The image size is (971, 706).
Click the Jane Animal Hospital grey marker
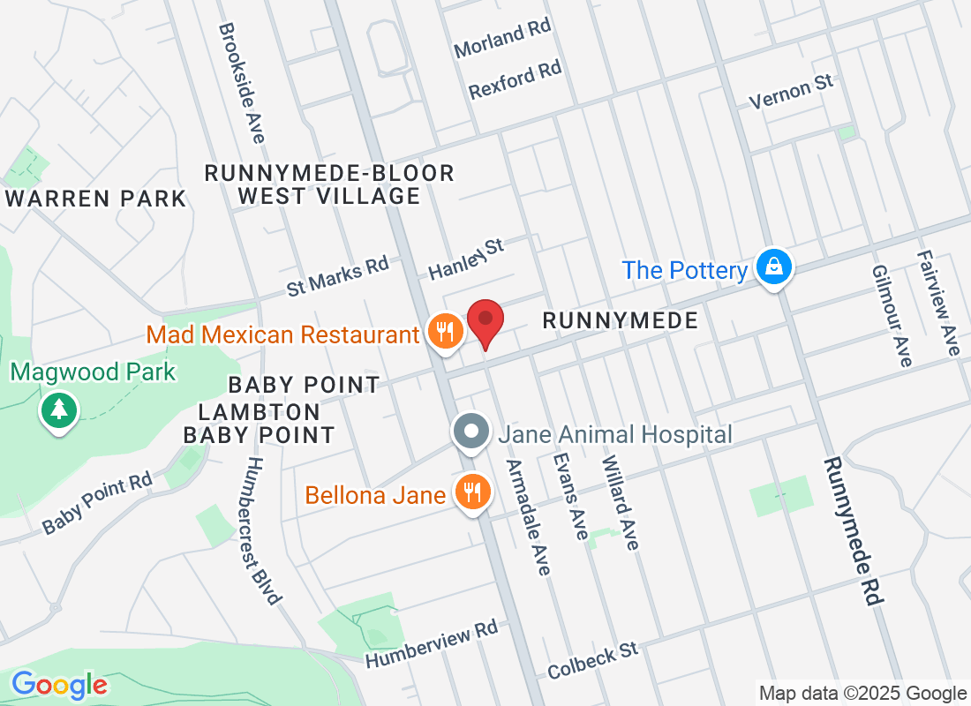(x=471, y=432)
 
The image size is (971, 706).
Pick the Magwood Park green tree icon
(x=58, y=409)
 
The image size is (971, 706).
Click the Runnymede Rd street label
(x=854, y=530)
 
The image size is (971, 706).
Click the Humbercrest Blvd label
(x=262, y=529)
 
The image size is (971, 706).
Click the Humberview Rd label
(x=432, y=644)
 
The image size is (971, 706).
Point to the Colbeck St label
(x=592, y=660)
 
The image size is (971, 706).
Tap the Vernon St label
(x=791, y=92)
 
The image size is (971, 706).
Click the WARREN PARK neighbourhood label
(x=95, y=199)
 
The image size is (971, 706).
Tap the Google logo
(x=59, y=684)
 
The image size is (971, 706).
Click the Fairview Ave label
(x=938, y=303)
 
